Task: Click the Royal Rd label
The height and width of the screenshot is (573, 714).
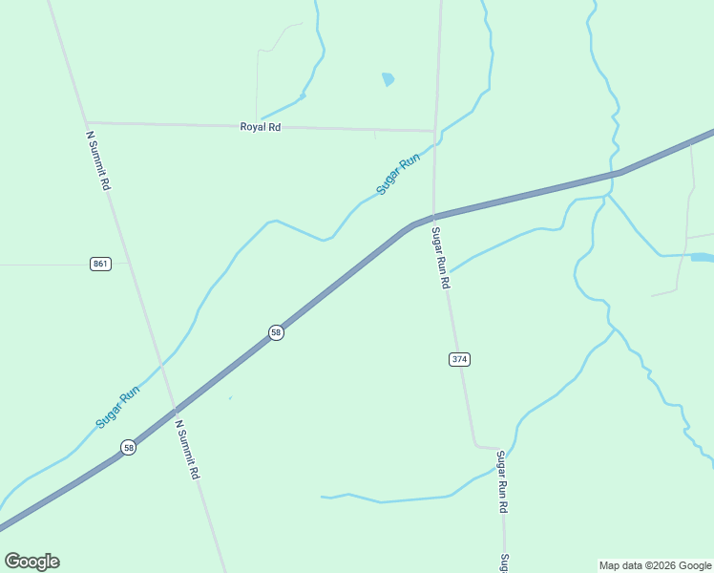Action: pos(260,126)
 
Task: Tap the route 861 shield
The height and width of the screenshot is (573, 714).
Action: pos(101,264)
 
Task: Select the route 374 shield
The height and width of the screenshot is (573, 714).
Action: pos(459,359)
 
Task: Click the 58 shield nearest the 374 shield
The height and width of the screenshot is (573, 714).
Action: pos(276,332)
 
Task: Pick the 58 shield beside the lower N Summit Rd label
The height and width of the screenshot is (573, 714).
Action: pos(128,447)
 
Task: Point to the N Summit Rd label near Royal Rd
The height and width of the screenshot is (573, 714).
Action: pos(98,160)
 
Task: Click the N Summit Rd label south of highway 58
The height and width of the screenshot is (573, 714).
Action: pos(187,450)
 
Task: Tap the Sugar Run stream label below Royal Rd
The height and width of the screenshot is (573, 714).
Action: pos(397,176)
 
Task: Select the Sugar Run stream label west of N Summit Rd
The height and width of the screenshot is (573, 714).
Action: pos(117,406)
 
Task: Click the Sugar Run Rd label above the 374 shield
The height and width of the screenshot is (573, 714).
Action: pos(440,258)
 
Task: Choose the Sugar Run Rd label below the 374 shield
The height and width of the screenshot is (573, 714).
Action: pos(501,482)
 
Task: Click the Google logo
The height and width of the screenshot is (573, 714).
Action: pos(31,562)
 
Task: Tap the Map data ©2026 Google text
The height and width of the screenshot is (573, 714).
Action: pos(656,565)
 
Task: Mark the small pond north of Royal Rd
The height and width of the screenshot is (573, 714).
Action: pos(388,79)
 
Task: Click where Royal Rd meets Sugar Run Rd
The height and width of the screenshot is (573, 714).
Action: pos(435,131)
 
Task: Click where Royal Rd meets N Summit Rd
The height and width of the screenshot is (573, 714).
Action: pos(86,122)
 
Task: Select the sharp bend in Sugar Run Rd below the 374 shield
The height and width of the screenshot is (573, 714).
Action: pos(476,445)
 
